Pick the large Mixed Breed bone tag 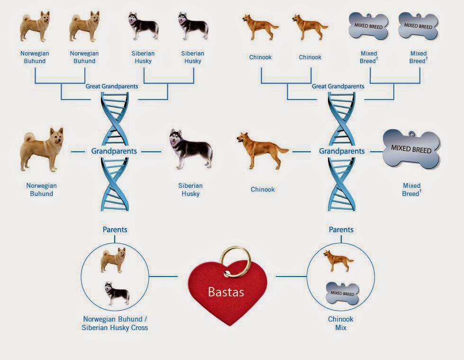411,149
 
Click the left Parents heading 115,230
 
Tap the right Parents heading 341,230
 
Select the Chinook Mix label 341,323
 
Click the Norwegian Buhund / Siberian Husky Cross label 115,323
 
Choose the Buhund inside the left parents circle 114,260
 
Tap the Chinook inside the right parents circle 338,260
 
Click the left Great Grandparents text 112,86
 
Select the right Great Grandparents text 338,86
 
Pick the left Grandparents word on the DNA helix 114,151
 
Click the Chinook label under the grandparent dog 263,189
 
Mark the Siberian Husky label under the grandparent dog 191,189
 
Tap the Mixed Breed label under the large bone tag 412,189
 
